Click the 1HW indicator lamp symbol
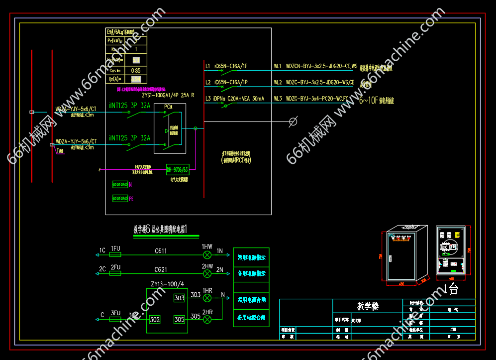click(x=207, y=255)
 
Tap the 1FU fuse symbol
click(x=115, y=255)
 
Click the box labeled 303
click(x=179, y=298)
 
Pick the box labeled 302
click(x=155, y=319)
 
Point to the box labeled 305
click(x=179, y=319)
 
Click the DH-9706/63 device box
click(x=177, y=170)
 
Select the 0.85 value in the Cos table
click(x=135, y=70)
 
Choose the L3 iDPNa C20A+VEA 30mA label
click(x=235, y=99)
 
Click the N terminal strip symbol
click(x=120, y=184)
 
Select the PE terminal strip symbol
click(x=120, y=198)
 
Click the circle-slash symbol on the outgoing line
click(x=294, y=121)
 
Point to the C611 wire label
click(x=161, y=251)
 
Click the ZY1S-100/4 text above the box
click(x=167, y=284)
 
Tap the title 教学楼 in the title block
click(x=368, y=306)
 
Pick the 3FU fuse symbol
click(x=115, y=319)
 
